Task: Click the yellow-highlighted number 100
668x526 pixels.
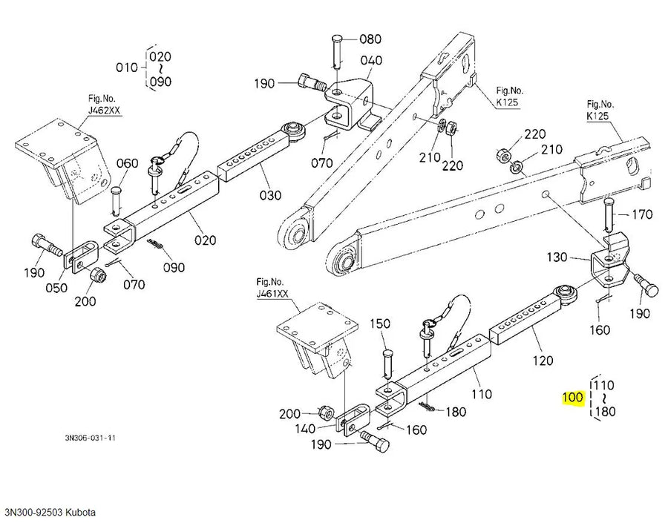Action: pos(572,398)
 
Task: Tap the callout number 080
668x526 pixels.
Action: pos(370,39)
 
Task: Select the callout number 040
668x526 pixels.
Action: pos(371,61)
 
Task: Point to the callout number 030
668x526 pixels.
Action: pos(270,196)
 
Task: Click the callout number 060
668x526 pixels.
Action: pos(128,163)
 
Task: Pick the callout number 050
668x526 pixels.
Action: pos(56,288)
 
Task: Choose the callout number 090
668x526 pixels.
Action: pos(174,268)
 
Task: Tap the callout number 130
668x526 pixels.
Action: pos(557,257)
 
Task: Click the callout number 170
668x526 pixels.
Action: pos(642,214)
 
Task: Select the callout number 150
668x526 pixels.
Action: pos(380,323)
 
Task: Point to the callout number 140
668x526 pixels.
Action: pos(305,429)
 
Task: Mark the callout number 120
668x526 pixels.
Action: pos(543,361)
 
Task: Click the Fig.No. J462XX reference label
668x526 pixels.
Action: pos(104,105)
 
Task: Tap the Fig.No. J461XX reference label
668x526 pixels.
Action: pos(272,288)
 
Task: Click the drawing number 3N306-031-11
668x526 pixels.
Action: pos(90,438)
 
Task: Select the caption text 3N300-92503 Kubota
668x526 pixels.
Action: pos(50,513)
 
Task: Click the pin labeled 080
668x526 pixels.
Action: pos(336,51)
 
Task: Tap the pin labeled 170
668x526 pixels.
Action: pos(609,216)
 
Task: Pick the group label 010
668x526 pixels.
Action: pos(126,68)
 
